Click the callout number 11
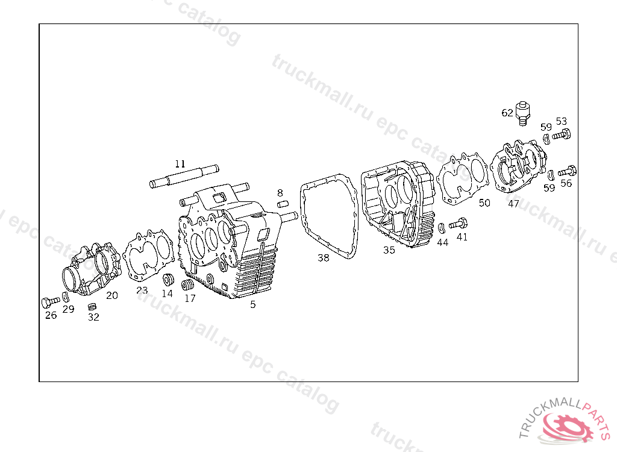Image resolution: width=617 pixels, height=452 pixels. click(x=180, y=163)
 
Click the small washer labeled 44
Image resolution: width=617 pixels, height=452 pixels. click(x=441, y=228)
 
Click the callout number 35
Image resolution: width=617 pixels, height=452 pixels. click(x=389, y=250)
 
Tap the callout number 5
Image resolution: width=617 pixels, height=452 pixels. click(x=253, y=304)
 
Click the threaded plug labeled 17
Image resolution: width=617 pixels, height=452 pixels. click(x=189, y=284)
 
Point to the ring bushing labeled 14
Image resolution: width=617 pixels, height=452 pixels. click(x=168, y=280)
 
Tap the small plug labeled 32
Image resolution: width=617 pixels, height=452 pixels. click(x=92, y=307)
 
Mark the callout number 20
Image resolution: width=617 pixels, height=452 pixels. click(x=112, y=295)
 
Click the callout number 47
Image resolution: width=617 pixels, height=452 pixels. click(x=513, y=204)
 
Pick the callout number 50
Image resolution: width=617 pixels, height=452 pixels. click(x=484, y=202)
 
